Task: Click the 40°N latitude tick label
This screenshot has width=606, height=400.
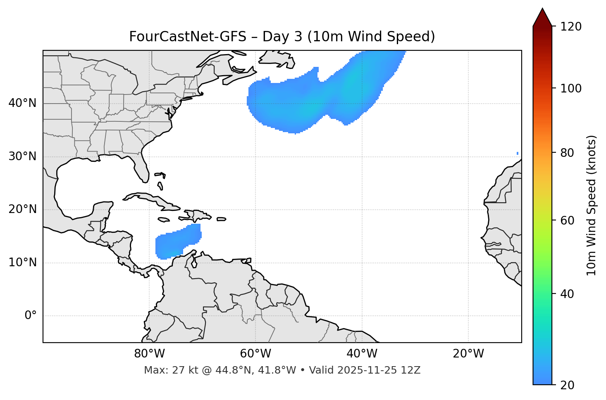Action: point(22,103)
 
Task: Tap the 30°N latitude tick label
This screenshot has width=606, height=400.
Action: point(22,156)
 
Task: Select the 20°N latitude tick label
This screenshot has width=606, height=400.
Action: point(22,209)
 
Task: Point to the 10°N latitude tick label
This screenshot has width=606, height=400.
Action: point(22,263)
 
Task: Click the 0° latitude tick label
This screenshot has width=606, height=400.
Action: point(31,316)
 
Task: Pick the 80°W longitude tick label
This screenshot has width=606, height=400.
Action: point(149,354)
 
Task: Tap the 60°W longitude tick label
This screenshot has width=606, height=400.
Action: point(255,354)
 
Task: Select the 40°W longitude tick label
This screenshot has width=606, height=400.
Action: point(362,354)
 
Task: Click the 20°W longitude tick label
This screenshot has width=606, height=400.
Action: point(468,354)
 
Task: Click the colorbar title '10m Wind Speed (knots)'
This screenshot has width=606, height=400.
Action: point(592,205)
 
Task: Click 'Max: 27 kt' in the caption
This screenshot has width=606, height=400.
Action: point(165,370)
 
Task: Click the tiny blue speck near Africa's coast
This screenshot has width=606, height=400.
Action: point(518,154)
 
